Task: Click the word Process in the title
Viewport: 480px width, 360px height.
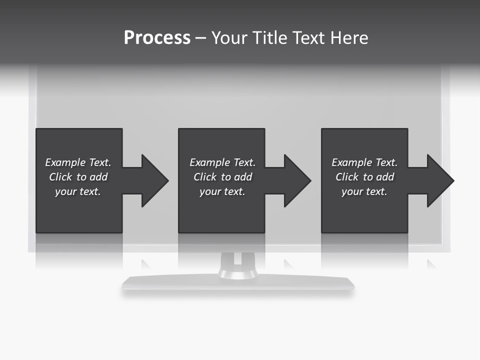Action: (157, 38)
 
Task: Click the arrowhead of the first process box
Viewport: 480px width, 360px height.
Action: (154, 180)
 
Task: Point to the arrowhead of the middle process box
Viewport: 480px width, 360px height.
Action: (297, 180)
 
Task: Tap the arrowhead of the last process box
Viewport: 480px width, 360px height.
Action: (440, 180)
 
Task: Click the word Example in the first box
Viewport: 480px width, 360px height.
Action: (65, 162)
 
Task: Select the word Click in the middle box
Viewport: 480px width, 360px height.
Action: (205, 177)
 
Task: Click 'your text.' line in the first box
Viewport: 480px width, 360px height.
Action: (78, 191)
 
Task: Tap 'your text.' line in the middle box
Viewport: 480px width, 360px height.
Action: (222, 191)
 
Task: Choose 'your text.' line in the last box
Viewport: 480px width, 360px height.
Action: (364, 191)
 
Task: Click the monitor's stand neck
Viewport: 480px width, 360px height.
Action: (237, 265)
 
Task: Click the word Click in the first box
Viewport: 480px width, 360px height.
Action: (60, 177)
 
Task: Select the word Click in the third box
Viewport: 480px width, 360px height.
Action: (347, 177)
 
